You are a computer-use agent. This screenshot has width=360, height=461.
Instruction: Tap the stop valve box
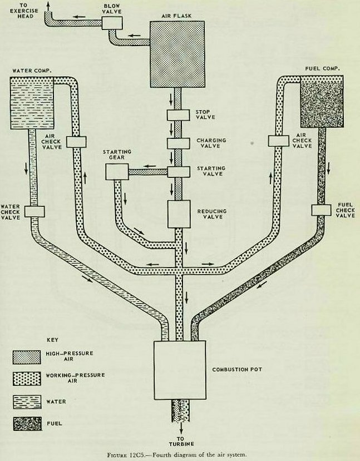pos(179,116)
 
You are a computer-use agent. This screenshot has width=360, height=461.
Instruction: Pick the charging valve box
pos(179,142)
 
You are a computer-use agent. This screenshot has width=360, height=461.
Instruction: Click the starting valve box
pos(179,170)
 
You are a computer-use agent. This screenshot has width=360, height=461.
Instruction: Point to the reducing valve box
pos(179,214)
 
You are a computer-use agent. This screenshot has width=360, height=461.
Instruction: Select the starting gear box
pos(116,172)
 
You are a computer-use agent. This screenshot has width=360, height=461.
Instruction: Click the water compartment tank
pos(33,102)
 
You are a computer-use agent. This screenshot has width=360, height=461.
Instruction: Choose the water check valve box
pos(34,211)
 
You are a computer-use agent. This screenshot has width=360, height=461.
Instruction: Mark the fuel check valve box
pos(322,209)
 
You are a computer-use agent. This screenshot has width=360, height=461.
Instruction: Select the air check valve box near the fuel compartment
pos(279,141)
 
